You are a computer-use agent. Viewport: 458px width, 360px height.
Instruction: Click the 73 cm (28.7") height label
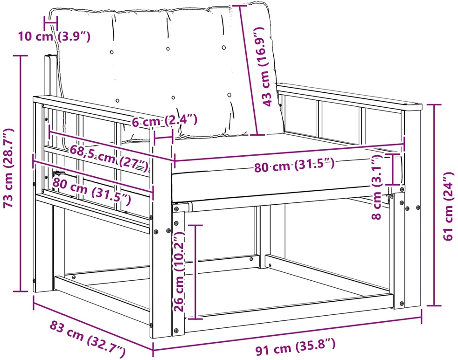point(8,168)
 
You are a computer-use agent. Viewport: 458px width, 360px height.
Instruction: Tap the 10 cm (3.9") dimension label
point(54,36)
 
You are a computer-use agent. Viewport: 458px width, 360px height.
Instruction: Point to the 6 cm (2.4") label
point(165,120)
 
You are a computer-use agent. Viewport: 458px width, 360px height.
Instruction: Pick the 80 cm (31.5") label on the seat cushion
point(294,166)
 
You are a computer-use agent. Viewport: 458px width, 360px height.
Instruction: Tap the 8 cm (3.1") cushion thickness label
point(376,187)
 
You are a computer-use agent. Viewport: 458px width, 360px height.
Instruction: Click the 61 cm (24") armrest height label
point(449,207)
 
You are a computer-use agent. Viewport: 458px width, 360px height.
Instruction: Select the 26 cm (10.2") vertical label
point(179,271)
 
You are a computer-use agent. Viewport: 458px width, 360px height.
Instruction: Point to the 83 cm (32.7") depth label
point(87,339)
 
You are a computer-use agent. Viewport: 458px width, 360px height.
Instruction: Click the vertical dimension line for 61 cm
point(434,205)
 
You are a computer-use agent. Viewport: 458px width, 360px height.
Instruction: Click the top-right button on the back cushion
point(224,47)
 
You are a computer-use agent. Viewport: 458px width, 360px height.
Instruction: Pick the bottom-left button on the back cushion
point(118,101)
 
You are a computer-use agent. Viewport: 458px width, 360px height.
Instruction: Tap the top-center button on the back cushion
point(168,49)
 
